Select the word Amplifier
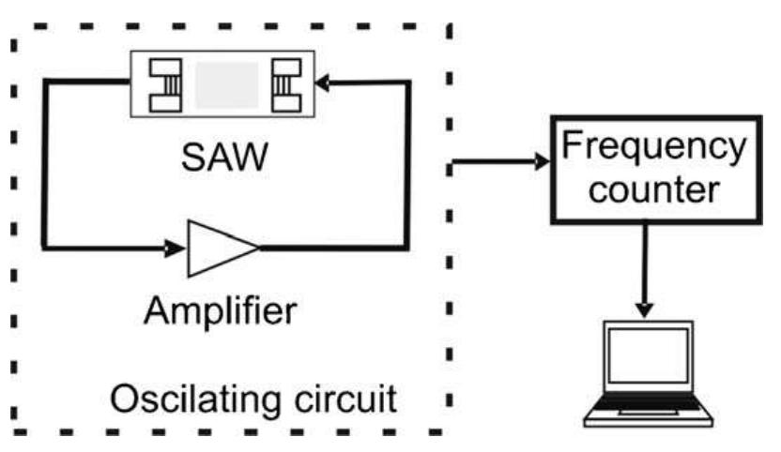tap(222, 309)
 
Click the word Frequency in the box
tap(652, 147)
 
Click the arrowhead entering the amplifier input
tap(176, 249)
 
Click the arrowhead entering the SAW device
tap(322, 83)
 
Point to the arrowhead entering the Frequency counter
tap(541, 162)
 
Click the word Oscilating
tap(195, 400)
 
